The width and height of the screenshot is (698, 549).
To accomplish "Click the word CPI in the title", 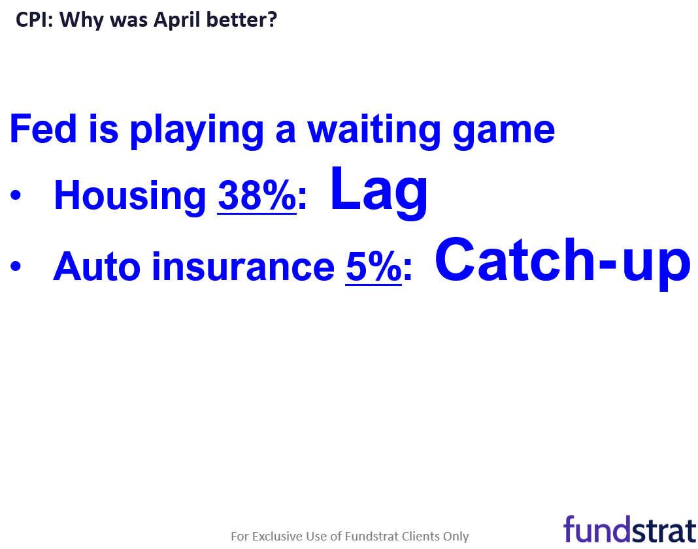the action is tap(33, 20).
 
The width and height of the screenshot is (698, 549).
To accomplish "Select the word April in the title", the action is tap(176, 21).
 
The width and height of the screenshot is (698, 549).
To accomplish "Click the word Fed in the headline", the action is tap(43, 129).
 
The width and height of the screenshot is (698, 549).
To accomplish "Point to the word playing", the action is tap(197, 131).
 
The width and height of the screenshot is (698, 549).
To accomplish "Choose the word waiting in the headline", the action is tap(374, 131).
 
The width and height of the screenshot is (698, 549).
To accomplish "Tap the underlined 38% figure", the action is tap(257, 196).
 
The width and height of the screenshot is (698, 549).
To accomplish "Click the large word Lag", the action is tap(379, 192).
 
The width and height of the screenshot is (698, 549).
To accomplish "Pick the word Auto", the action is tap(97, 267).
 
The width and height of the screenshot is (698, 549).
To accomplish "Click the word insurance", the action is tap(243, 266).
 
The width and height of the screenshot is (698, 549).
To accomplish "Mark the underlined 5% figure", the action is tap(373, 267).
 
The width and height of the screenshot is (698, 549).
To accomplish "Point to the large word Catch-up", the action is tap(563, 262).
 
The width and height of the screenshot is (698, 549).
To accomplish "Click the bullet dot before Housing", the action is tap(16, 195).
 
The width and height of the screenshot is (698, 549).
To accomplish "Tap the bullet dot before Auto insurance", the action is tap(16, 266).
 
